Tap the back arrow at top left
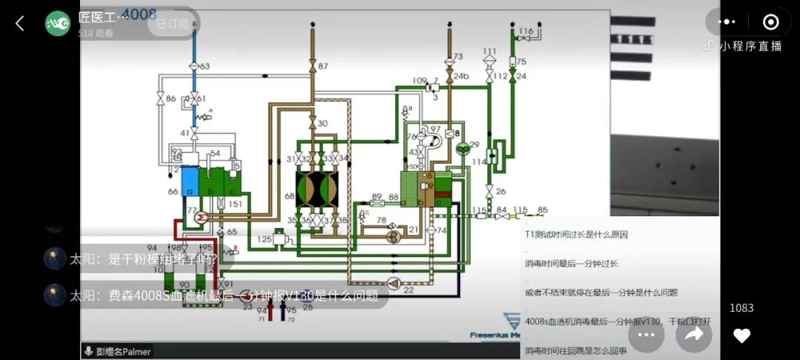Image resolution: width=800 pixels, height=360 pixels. pos(20,24)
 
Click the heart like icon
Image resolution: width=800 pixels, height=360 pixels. pos(741,336)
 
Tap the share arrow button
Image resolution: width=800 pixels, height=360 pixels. pos(694,336)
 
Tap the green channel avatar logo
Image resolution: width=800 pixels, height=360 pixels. pos(58,24)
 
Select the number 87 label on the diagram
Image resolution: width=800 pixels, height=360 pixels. pos(323,67)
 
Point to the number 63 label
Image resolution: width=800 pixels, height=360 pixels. pos(204,67)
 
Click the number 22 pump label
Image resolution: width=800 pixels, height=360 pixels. pos(408,290)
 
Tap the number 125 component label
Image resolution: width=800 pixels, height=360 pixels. pos(265,239)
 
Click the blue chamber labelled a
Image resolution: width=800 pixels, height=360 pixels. pos(190,182)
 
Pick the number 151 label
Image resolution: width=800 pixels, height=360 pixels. pos(234,204)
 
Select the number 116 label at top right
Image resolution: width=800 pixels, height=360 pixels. pos(526,31)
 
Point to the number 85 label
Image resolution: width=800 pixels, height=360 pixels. pos(542,210)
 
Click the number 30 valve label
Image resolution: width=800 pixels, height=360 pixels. pos(322,123)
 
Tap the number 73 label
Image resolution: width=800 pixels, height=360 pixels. pos(458,56)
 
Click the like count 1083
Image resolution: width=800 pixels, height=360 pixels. pos(741,308)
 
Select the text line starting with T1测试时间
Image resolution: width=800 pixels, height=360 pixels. pos(576,234)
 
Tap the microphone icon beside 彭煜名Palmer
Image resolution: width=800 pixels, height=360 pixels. pos(88,352)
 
